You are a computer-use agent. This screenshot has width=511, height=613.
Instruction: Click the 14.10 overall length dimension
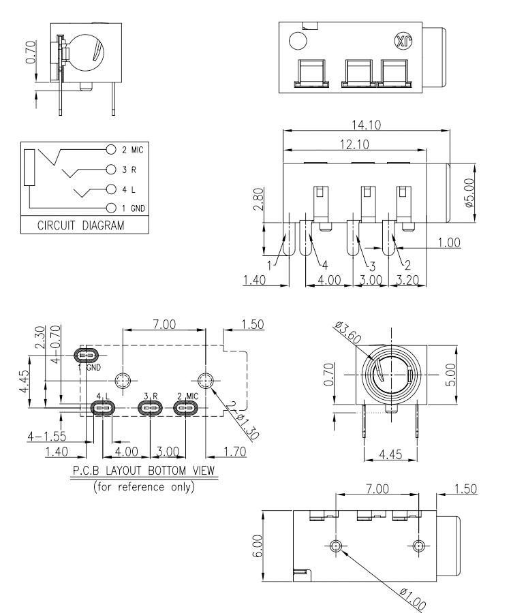366,125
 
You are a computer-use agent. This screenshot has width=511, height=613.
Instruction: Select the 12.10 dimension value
354,144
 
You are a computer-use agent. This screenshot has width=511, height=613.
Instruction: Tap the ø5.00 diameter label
469,193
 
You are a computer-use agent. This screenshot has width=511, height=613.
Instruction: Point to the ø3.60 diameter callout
348,332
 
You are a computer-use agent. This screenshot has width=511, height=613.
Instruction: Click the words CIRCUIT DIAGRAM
81,225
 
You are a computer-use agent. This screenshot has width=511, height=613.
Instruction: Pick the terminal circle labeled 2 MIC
112,149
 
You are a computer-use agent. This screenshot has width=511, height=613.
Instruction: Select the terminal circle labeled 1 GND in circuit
112,208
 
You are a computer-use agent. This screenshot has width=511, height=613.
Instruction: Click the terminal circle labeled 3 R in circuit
112,170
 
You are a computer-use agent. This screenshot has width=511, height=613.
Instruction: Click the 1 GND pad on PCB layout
87,356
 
